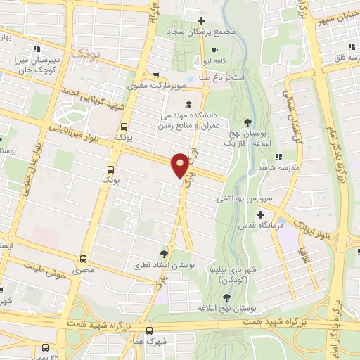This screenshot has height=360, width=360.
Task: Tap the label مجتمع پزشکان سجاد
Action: pos(200,32)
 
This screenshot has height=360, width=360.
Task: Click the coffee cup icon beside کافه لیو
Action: pos(214,49)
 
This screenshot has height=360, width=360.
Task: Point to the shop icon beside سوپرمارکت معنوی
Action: pos(156,76)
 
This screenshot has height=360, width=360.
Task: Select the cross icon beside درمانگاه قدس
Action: pos(261,214)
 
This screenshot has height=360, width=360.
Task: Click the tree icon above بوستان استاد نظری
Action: pos(165,254)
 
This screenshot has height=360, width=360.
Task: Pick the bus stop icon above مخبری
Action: pos(84,258)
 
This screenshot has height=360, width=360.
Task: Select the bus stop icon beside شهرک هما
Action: pos(149,330)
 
